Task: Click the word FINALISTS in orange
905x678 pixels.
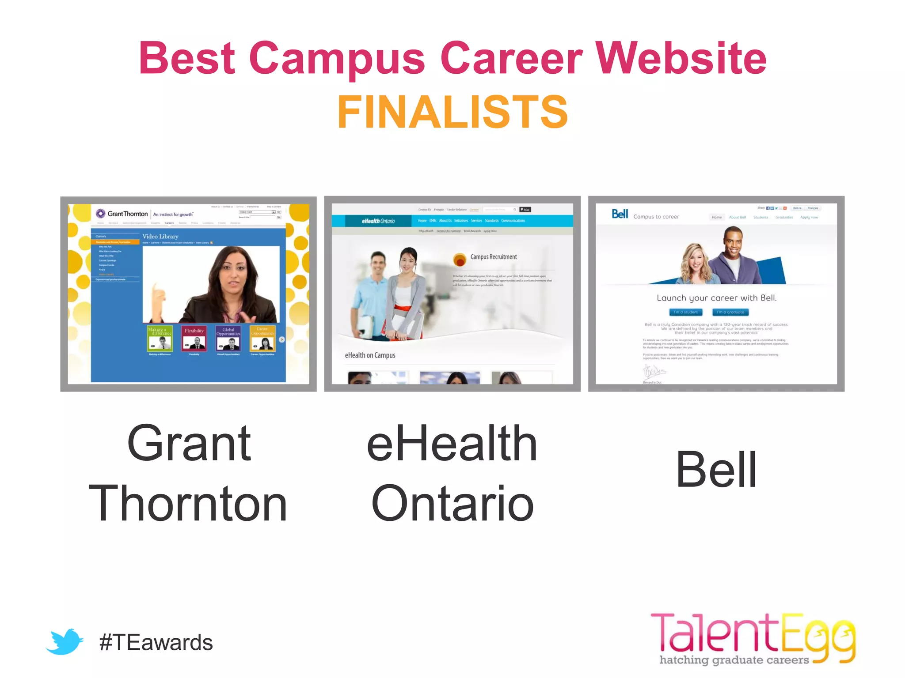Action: [x=452, y=113]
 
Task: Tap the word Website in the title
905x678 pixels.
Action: [x=681, y=58]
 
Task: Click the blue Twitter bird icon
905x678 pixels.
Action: [x=65, y=641]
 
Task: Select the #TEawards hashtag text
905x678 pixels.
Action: [x=156, y=643]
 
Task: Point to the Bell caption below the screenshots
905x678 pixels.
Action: [x=716, y=470]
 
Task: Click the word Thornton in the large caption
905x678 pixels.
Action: [x=188, y=503]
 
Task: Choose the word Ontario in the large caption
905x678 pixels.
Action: [x=452, y=503]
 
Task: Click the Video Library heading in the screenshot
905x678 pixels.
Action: [x=160, y=237]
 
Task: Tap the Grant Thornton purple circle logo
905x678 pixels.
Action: [x=101, y=214]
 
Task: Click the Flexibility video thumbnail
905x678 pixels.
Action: [x=194, y=338]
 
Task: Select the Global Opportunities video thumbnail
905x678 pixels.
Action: [x=228, y=338]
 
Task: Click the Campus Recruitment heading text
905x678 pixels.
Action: [x=493, y=257]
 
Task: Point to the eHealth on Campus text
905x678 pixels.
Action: [x=370, y=355]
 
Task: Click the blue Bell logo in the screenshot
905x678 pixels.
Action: [x=620, y=214]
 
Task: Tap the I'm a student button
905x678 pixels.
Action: [x=685, y=313]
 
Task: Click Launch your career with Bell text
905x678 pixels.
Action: [x=716, y=298]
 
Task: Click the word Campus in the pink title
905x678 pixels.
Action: [x=337, y=58]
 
